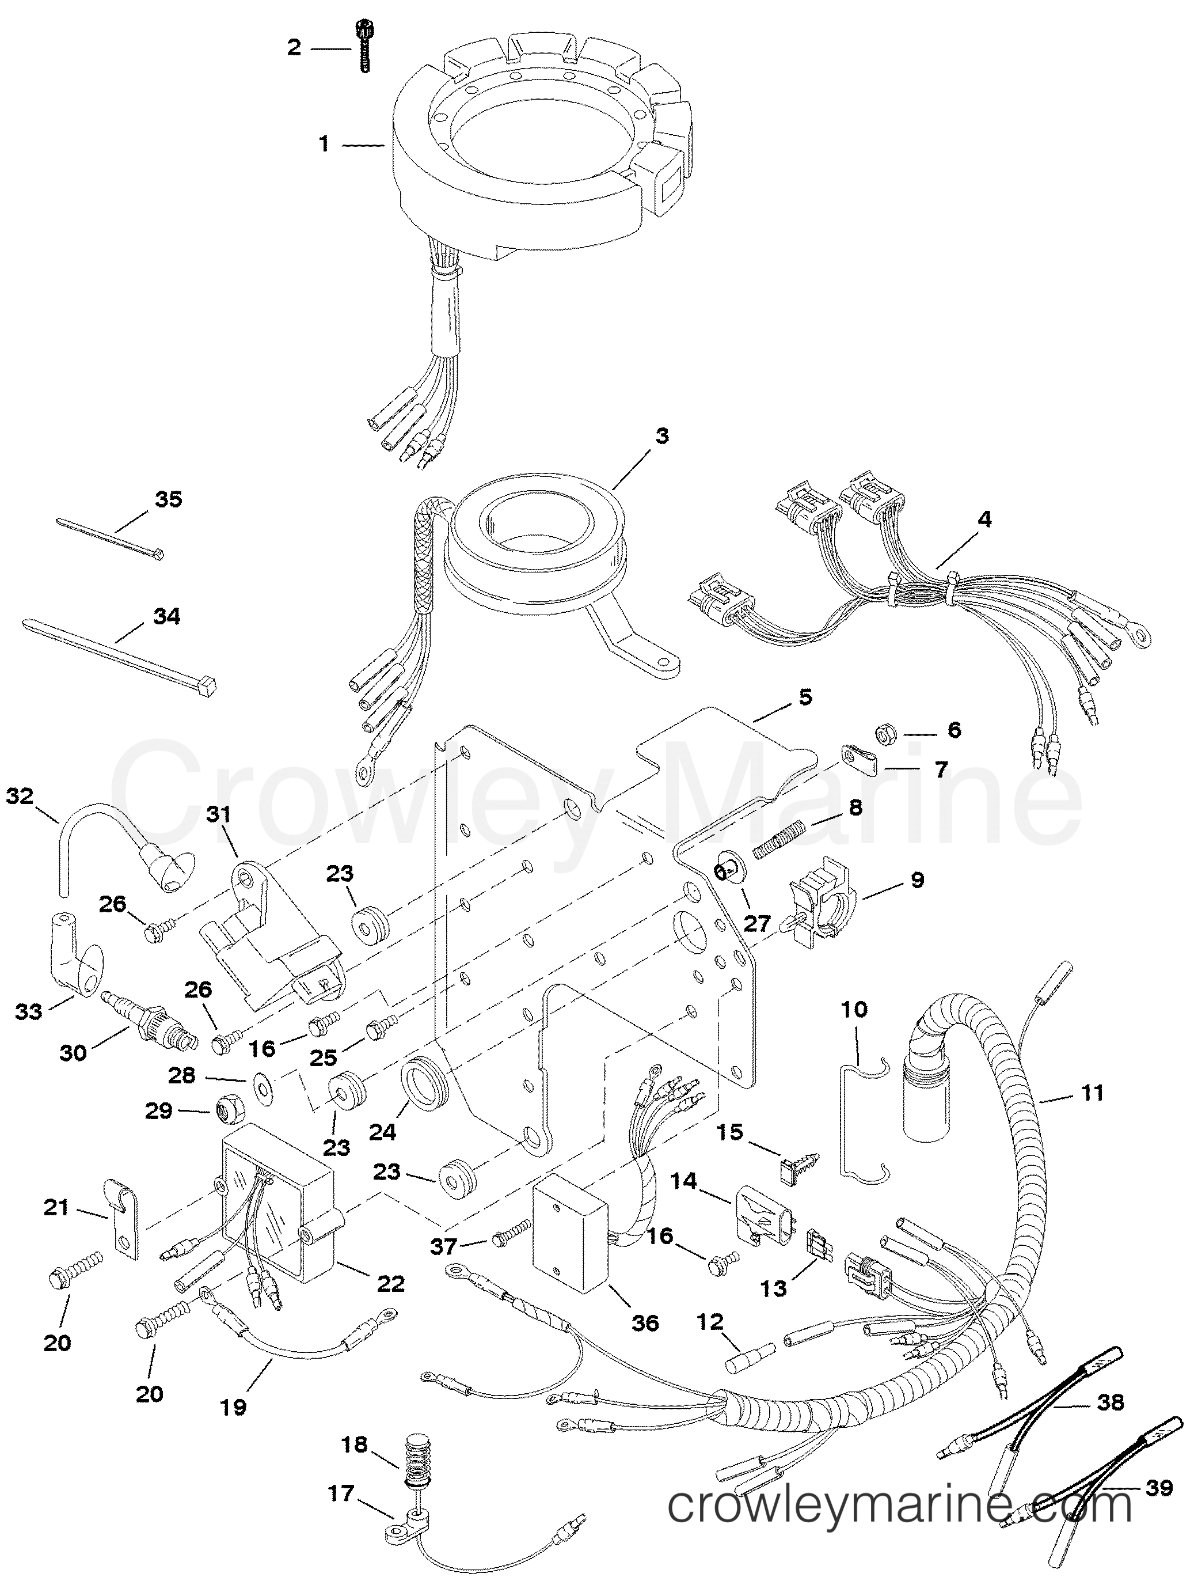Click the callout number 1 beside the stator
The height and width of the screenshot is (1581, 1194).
point(324,145)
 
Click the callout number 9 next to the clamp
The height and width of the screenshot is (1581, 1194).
point(918,880)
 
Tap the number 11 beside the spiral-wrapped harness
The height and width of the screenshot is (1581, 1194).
point(1093,1093)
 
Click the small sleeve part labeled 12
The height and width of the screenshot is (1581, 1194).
point(750,1349)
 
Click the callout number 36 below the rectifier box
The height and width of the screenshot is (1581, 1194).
point(645,1323)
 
